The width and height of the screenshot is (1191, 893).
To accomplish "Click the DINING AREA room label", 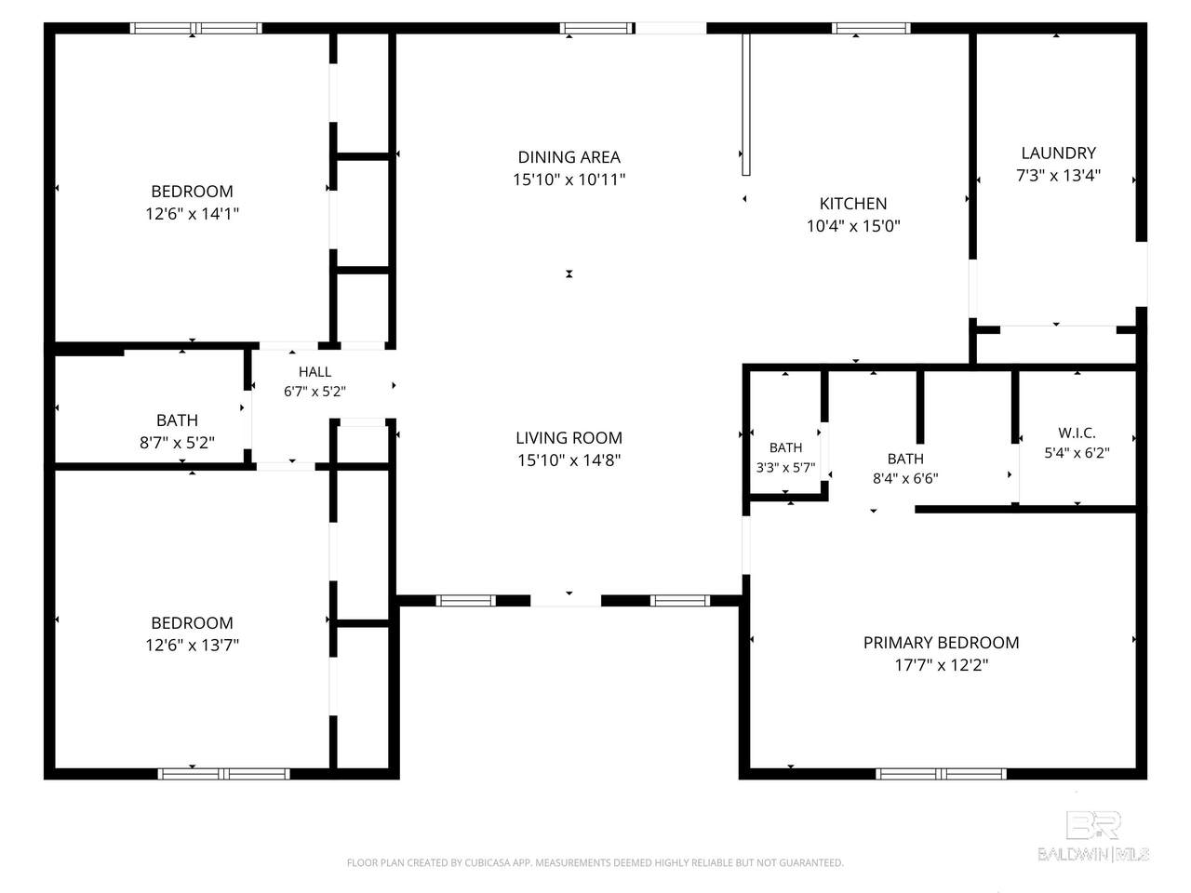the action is [x=569, y=157].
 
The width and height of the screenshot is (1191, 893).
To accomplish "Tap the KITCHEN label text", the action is [x=853, y=204].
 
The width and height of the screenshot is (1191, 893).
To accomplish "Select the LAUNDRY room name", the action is [x=1058, y=153].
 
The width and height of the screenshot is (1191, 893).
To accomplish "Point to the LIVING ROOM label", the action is [x=569, y=437].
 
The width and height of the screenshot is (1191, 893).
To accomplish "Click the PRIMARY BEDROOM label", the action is [x=941, y=643].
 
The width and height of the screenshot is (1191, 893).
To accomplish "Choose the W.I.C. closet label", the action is [x=1077, y=433].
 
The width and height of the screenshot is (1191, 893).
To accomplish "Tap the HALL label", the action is [x=314, y=372].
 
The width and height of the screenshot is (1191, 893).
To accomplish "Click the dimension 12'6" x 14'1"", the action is [x=192, y=214].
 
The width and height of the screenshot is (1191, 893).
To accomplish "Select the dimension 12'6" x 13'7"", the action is [x=192, y=645].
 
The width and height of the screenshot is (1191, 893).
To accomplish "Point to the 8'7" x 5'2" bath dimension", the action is [x=177, y=443].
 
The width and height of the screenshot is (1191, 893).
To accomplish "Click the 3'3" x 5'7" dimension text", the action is [x=785, y=467].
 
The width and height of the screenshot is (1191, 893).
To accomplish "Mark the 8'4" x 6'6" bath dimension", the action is [x=905, y=478].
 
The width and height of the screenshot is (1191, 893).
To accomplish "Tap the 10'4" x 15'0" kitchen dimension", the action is [x=853, y=225].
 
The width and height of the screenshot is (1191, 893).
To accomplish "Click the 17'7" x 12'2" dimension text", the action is [x=941, y=665].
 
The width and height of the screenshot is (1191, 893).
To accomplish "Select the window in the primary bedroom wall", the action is [x=941, y=774].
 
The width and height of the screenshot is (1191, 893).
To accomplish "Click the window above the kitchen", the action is [x=871, y=28].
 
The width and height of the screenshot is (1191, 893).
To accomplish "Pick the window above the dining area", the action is [x=596, y=28].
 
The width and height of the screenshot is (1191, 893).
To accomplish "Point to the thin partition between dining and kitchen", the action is [x=746, y=104].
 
